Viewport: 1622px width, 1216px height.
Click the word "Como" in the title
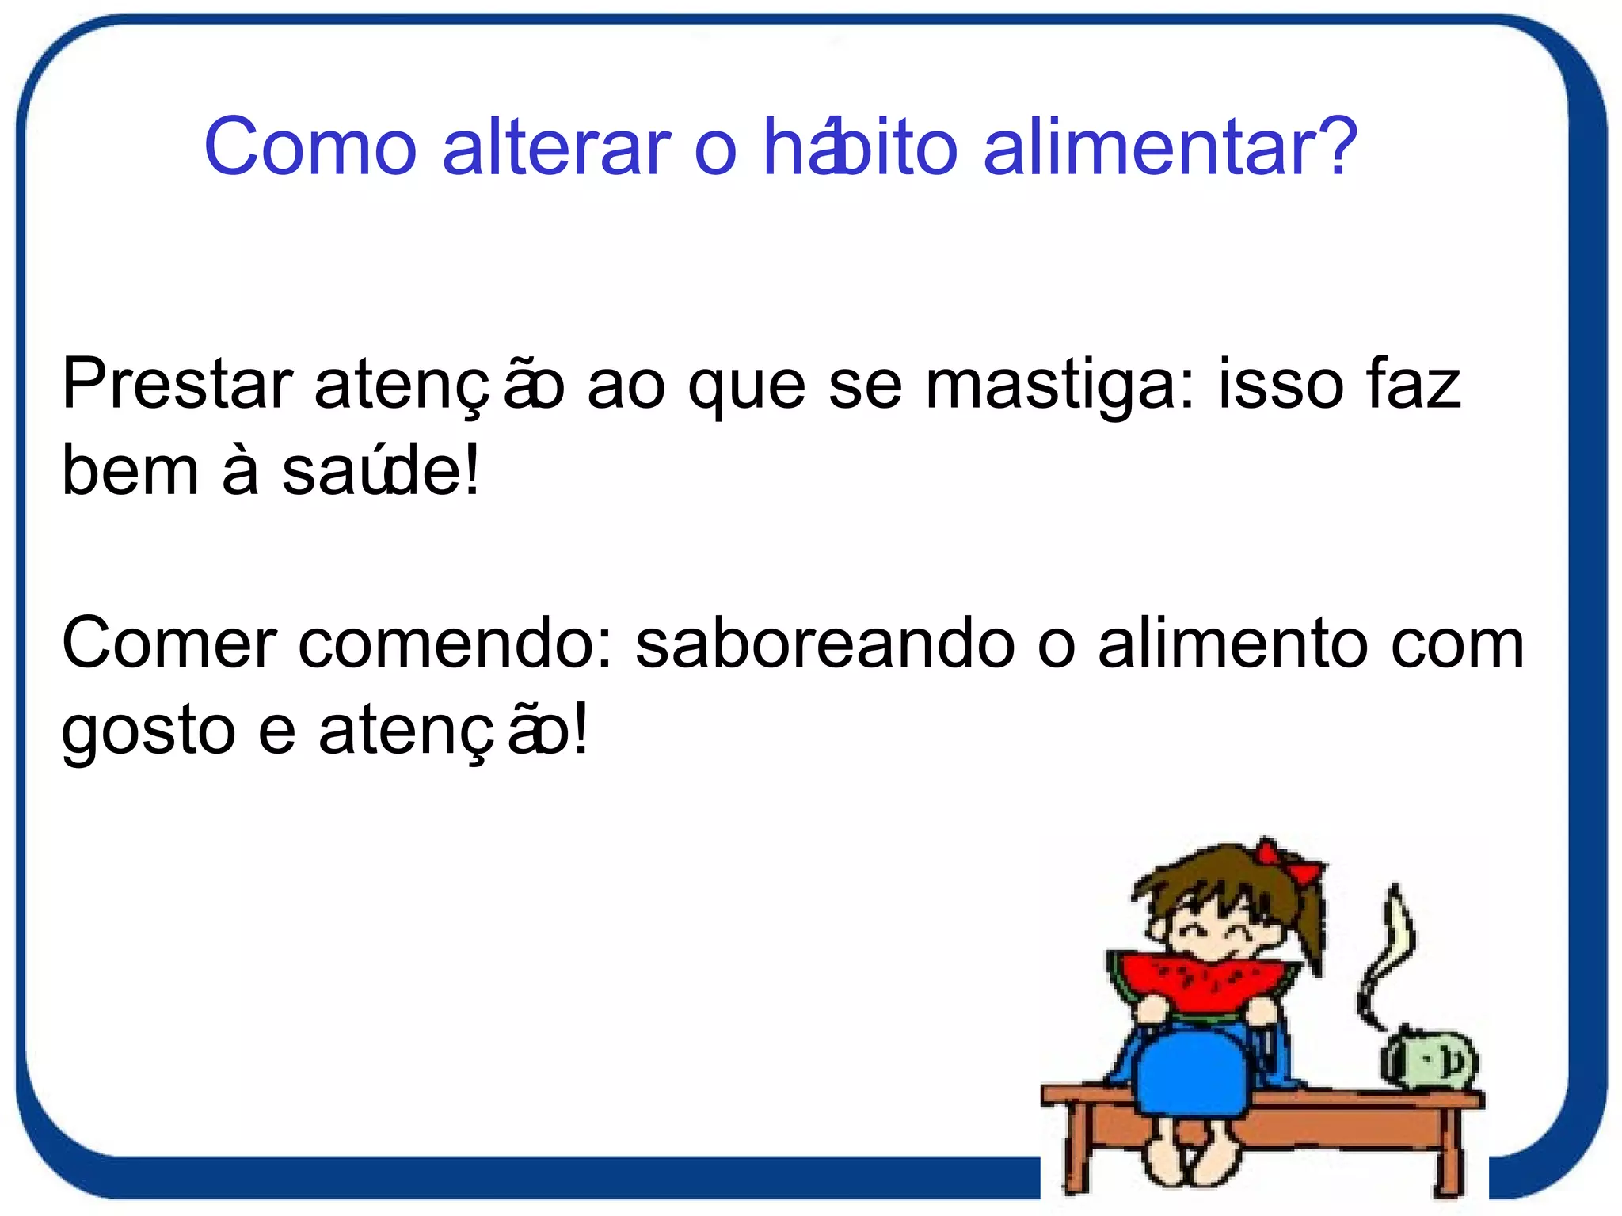tap(310, 147)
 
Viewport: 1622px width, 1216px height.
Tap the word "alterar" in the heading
tap(556, 147)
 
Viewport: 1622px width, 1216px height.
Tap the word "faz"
tap(1414, 385)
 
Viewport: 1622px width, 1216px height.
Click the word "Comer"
tap(169, 644)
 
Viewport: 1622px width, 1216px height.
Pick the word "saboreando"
tap(824, 644)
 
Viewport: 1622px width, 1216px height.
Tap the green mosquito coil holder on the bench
tap(1430, 1061)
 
